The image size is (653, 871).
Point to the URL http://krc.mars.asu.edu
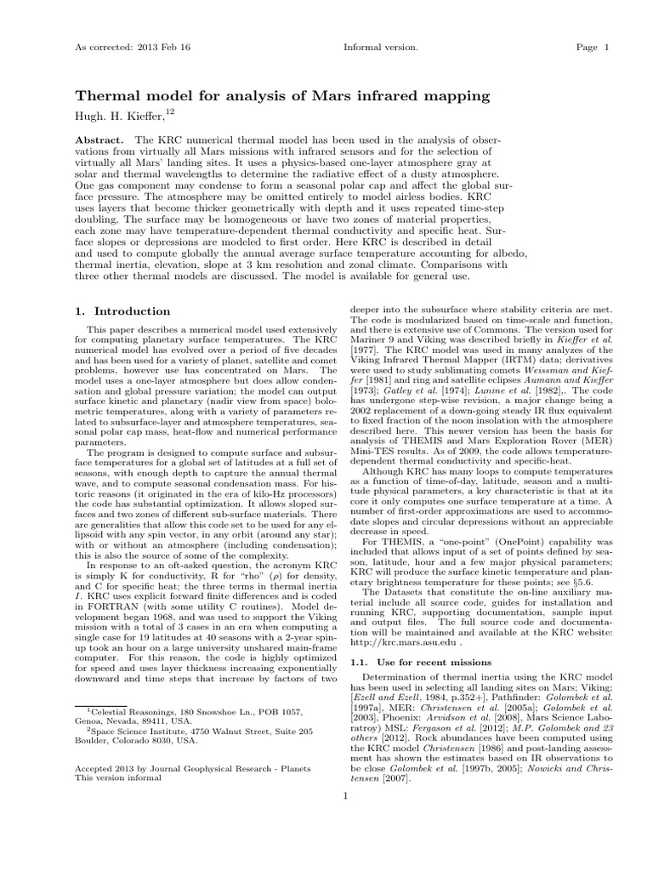405,644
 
